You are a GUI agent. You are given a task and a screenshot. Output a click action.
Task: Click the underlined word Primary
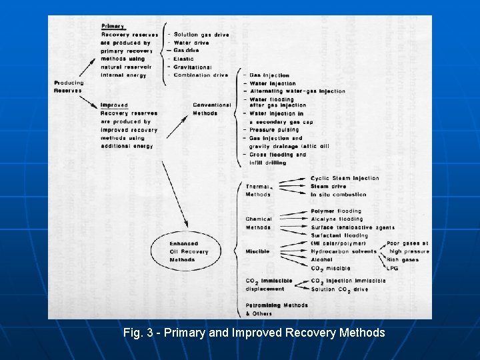(113, 26)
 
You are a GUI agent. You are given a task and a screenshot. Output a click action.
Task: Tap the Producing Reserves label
(68, 87)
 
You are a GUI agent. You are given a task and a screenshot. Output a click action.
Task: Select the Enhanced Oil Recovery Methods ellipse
(189, 252)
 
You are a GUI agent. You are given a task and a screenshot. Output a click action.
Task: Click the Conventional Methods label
(211, 109)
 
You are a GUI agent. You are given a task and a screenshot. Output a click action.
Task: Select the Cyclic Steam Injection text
(344, 178)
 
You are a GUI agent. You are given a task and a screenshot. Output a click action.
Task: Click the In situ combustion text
(338, 195)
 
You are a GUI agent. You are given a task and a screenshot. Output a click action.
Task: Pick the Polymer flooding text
(335, 211)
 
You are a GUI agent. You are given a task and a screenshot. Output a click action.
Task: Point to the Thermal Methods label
(259, 190)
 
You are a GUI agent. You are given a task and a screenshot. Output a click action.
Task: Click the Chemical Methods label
(259, 223)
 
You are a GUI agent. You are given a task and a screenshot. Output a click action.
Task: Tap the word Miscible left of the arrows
(257, 251)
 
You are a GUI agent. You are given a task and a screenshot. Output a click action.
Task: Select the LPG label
(393, 267)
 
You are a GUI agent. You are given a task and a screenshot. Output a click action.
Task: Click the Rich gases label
(401, 259)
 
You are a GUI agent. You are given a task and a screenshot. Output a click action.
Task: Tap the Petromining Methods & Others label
(276, 309)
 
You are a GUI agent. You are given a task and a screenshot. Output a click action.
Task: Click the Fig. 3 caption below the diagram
(254, 332)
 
